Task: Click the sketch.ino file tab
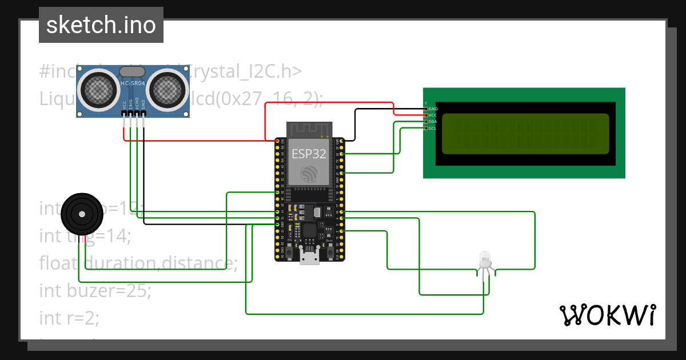click(x=101, y=25)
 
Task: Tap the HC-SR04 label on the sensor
click(x=133, y=83)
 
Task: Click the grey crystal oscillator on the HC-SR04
click(x=133, y=71)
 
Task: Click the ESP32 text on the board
click(x=309, y=154)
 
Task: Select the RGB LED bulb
click(x=485, y=261)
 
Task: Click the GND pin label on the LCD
click(x=433, y=109)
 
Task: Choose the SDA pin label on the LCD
click(x=433, y=122)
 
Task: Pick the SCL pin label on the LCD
click(x=433, y=128)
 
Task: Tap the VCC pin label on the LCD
click(x=433, y=115)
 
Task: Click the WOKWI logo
click(x=607, y=315)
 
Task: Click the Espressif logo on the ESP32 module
click(x=309, y=174)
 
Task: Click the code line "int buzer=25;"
click(x=95, y=291)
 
